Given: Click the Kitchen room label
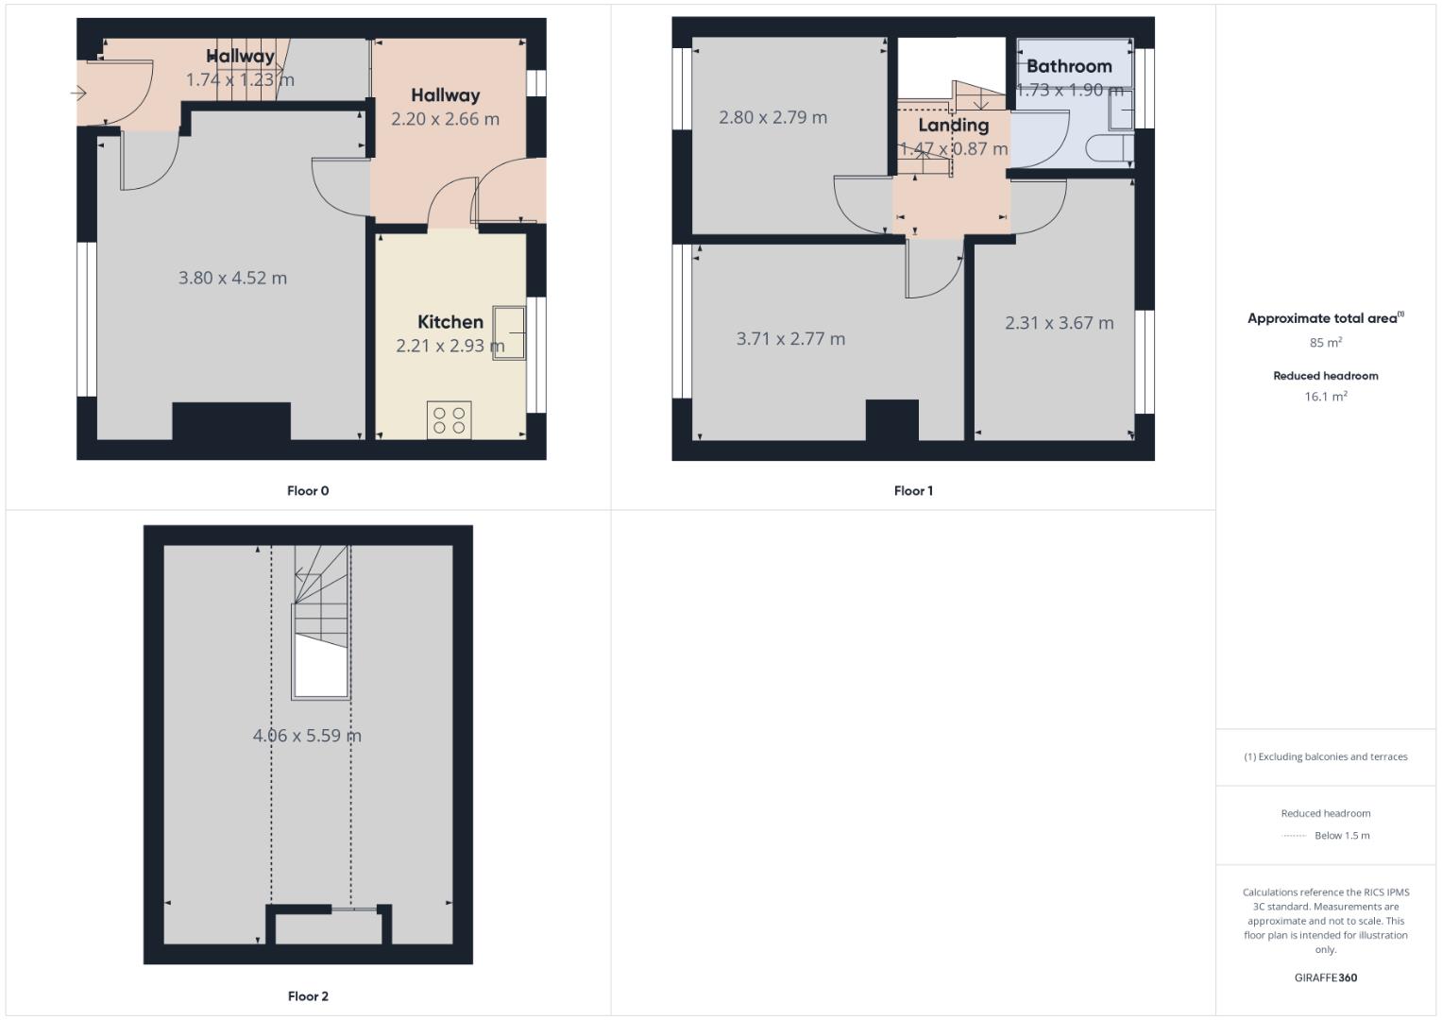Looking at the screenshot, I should click(450, 322).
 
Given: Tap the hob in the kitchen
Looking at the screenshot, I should click(450, 420).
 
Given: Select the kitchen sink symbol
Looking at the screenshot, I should click(509, 333).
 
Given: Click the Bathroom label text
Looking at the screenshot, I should click(1069, 66).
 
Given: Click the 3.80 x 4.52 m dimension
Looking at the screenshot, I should click(232, 278).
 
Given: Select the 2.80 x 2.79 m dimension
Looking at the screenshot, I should click(772, 118).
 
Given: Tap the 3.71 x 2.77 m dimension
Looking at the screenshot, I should click(790, 339).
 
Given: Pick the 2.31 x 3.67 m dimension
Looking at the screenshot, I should click(1059, 323).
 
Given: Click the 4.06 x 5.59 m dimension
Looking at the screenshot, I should click(307, 736).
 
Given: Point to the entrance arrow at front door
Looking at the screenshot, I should click(78, 93).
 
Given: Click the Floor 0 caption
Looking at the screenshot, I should click(308, 491).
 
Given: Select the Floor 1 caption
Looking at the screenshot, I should click(913, 491).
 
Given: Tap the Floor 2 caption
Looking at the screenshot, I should click(308, 996).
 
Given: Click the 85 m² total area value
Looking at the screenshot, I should click(1325, 343).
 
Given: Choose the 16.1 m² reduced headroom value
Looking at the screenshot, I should click(1325, 397).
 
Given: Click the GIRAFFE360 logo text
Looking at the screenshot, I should click(1325, 977).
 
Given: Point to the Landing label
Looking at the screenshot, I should click(953, 125).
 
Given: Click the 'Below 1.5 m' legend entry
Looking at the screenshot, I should click(1341, 836).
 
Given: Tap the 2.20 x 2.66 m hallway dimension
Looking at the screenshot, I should click(445, 119).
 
